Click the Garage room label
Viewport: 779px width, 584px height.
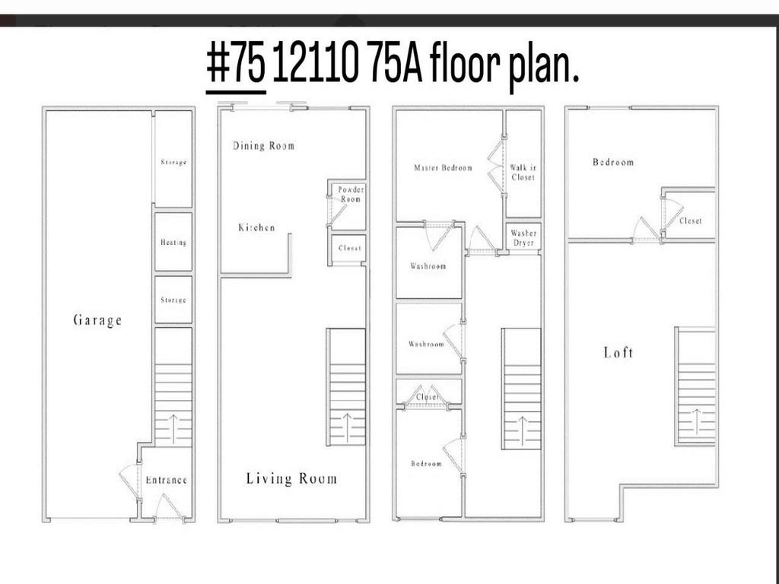point(97,320)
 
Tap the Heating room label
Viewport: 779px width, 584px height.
point(173,243)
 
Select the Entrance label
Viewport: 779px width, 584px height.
point(166,480)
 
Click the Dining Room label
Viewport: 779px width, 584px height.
point(263,145)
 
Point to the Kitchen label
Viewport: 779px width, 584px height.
point(256,227)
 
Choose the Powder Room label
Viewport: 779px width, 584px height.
point(351,194)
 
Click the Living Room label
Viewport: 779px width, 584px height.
point(291,478)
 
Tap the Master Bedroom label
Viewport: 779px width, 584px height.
point(443,168)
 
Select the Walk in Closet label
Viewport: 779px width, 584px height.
point(523,173)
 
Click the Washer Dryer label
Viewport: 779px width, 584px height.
point(523,238)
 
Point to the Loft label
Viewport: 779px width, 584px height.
point(618,352)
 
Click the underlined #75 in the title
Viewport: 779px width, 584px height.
point(236,68)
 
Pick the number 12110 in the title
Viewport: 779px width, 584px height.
point(315,68)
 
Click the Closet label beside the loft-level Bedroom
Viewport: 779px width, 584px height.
point(691,221)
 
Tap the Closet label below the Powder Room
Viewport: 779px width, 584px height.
point(350,248)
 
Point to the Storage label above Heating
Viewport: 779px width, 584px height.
point(173,162)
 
